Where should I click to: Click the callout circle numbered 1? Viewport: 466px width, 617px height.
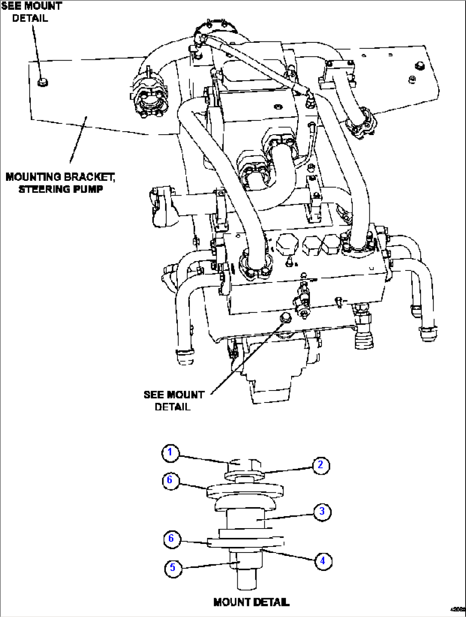[x=170, y=452]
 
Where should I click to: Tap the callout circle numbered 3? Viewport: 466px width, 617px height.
[x=322, y=511]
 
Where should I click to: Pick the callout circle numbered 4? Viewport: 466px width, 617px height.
[x=323, y=560]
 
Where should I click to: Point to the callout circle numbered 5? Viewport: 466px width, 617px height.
[x=173, y=567]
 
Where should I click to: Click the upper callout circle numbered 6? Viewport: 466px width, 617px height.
[x=170, y=480]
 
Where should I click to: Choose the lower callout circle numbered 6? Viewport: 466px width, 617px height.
[x=171, y=538]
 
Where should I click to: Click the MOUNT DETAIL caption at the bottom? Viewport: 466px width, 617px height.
[x=251, y=602]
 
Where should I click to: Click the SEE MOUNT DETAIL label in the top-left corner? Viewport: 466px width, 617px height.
[x=31, y=12]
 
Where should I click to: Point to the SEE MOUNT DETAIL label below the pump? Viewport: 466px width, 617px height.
[x=174, y=400]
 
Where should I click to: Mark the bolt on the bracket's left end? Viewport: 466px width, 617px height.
[x=42, y=82]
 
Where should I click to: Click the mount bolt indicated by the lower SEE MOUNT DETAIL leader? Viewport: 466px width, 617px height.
[x=285, y=317]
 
